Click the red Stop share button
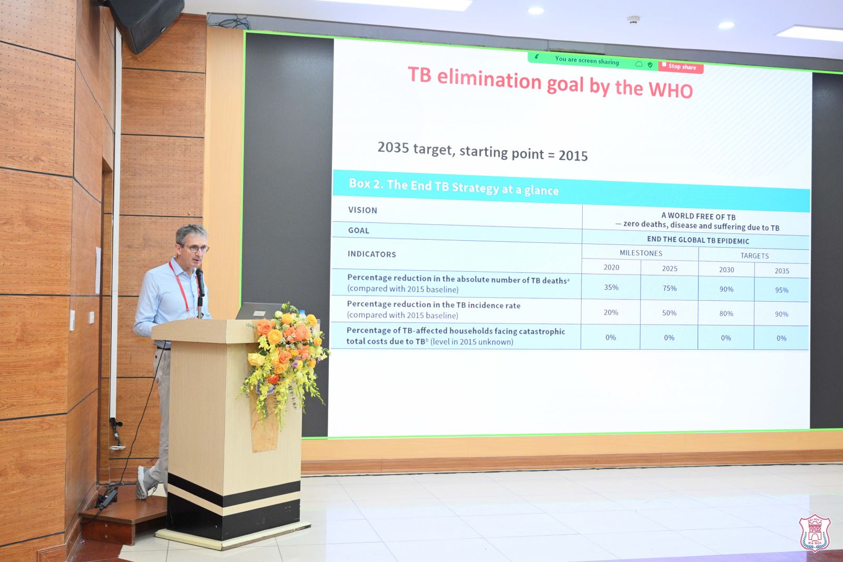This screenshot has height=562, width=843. [681, 67]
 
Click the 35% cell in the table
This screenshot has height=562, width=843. [611, 288]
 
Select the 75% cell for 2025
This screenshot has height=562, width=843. [670, 288]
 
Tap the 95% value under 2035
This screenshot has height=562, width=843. [782, 290]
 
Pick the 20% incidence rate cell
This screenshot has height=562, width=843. [611, 312]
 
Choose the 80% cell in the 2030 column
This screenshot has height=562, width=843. [726, 313]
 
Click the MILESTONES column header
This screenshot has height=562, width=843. [641, 253]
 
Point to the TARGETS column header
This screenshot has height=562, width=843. [754, 256]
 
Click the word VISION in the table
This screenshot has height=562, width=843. [363, 210]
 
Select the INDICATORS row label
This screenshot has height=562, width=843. [372, 254]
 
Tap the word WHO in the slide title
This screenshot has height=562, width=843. [670, 90]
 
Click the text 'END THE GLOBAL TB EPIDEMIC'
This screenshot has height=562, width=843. [698, 240]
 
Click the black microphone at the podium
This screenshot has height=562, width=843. [200, 282]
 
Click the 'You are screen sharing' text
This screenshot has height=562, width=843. [587, 60]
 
